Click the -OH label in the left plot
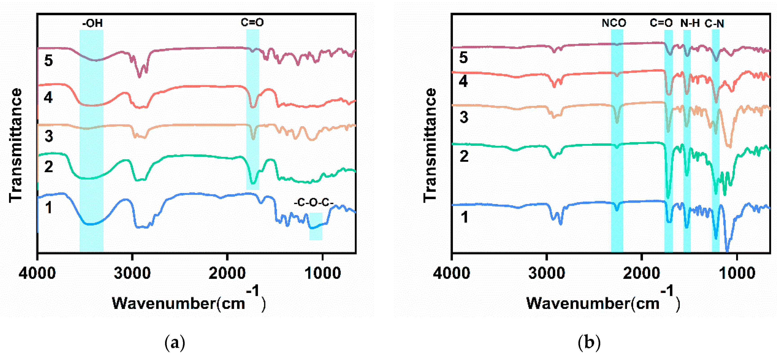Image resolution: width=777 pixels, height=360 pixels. (x=92, y=23)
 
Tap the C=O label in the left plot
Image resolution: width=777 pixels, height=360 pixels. (x=252, y=22)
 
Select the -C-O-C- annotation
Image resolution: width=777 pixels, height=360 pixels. (x=313, y=202)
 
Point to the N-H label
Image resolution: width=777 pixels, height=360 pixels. (x=690, y=23)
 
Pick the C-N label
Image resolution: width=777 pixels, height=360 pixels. (x=714, y=24)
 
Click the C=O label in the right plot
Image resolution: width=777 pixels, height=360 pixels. (x=661, y=23)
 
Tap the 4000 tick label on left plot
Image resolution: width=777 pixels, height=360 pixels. (x=37, y=273)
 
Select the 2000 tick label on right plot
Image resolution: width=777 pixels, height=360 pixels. (x=642, y=273)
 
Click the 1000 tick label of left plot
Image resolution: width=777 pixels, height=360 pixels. (x=322, y=273)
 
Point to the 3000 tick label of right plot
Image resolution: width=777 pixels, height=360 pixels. (x=546, y=273)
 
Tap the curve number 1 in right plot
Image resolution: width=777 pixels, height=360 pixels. (x=464, y=217)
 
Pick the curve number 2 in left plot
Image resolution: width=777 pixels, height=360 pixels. (x=49, y=166)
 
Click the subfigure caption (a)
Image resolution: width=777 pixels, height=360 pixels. (x=175, y=343)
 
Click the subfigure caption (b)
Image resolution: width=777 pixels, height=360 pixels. (x=589, y=343)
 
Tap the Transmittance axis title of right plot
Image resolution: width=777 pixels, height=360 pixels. (x=430, y=145)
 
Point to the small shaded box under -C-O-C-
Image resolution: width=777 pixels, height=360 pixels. (x=316, y=226)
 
